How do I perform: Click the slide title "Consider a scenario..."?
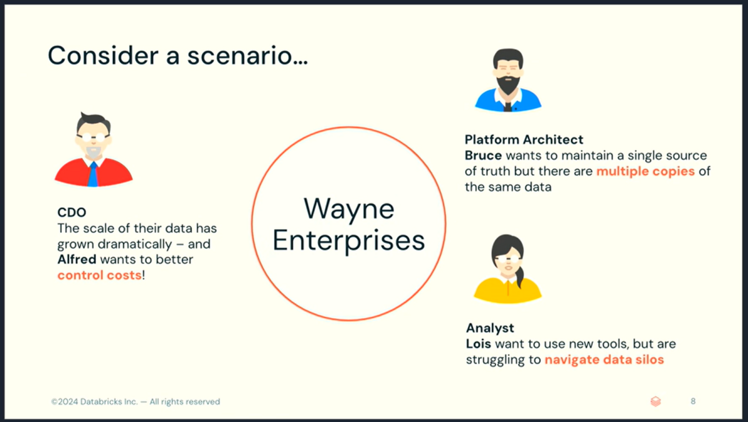178,55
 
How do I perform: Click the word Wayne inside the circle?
349,210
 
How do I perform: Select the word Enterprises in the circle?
349,241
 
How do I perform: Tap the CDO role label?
72,212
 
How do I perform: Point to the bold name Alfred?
77,260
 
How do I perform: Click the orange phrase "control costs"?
100,275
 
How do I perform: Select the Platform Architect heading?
524,139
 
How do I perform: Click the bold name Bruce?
483,156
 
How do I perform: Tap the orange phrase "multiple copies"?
646,171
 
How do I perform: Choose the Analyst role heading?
490,329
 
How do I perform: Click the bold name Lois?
479,344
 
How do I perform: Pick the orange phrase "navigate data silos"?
605,360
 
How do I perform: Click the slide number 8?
693,401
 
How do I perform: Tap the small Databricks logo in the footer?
656,401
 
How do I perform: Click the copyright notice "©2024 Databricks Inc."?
95,401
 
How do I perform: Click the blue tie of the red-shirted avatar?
93,174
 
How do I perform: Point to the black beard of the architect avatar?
508,85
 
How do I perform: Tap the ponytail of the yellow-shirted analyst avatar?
520,278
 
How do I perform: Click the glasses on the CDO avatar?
93,137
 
